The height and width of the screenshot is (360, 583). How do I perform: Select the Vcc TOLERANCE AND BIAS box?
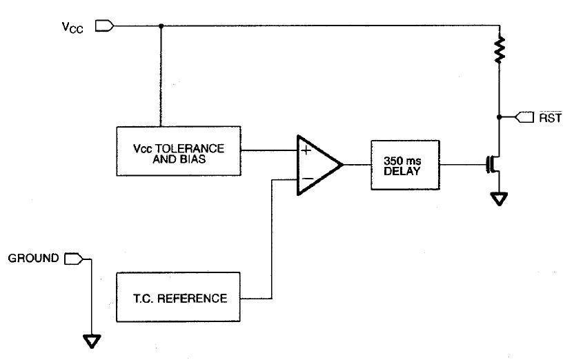pyautogui.click(x=178, y=150)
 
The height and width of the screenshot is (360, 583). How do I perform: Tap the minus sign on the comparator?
pyautogui.click(x=306, y=181)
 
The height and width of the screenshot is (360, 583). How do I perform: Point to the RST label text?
pyautogui.click(x=552, y=117)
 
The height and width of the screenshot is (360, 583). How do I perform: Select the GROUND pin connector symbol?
pyautogui.click(x=72, y=259)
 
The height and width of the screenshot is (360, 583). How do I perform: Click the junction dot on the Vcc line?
pyautogui.click(x=161, y=26)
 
